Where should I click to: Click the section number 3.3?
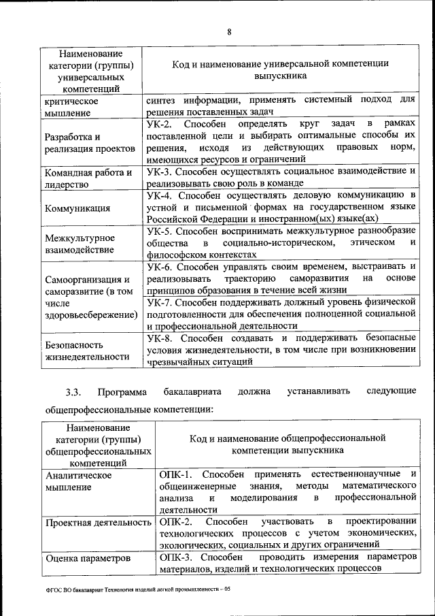tap(73, 392)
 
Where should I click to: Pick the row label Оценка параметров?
tap(87, 558)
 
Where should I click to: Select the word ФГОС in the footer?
tap(55, 589)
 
